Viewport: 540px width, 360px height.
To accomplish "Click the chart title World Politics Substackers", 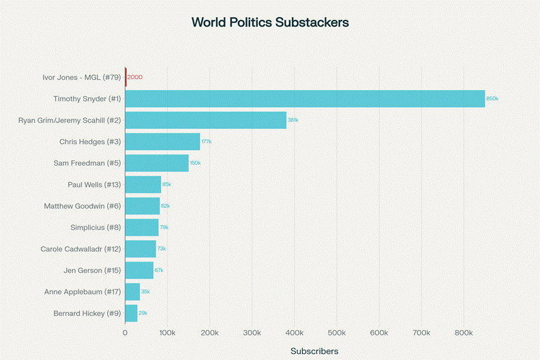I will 270,22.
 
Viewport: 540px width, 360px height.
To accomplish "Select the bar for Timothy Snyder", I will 305,99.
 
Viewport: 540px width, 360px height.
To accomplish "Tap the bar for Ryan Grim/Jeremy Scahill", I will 205,120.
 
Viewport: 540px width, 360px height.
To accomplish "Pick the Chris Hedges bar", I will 162,142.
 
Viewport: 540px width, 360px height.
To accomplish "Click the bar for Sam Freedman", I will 157,163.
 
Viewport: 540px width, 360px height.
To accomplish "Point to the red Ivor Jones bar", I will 125,77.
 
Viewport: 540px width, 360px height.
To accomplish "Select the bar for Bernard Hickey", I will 131,313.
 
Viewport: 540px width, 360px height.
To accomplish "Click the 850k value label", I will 492,99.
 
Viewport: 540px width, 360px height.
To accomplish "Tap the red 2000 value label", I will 135,77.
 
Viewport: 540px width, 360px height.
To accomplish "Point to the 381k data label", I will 292,120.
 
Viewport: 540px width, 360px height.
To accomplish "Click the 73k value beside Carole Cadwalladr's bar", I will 162,249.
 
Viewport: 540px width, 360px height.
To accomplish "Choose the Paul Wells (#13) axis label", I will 94,185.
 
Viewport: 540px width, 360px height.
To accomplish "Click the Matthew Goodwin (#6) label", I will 82,206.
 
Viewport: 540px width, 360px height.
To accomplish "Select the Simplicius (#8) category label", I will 95,227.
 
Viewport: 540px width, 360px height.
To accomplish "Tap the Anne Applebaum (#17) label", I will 82,292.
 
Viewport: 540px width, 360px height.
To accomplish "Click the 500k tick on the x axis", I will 337,333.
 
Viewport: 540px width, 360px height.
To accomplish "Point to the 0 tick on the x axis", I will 125,333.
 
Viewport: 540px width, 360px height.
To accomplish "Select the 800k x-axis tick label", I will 464,333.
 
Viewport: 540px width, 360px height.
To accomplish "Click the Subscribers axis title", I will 314,351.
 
